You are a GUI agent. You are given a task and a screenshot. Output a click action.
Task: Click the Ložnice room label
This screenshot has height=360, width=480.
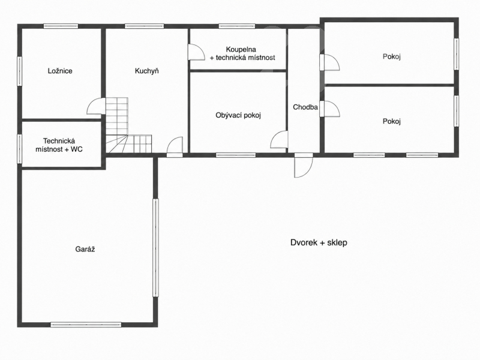(x=60, y=71)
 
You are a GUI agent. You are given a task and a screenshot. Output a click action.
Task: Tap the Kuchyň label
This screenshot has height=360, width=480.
(x=147, y=71)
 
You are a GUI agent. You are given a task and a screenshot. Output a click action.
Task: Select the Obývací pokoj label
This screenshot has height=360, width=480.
(x=238, y=115)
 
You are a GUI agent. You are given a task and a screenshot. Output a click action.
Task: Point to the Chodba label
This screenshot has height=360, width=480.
(x=305, y=107)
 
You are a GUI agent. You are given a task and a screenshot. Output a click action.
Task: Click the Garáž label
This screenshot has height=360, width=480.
(x=85, y=249)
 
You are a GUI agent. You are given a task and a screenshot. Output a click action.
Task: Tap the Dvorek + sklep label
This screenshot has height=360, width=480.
(x=319, y=243)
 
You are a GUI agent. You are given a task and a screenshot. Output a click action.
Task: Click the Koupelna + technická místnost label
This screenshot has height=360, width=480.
(x=242, y=53)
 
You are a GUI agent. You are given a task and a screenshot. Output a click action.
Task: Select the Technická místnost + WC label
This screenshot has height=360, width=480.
(x=59, y=145)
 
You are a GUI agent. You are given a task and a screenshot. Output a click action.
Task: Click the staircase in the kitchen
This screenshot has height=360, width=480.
(x=128, y=125)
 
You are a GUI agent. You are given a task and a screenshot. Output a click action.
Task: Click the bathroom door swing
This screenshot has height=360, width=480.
(x=196, y=52)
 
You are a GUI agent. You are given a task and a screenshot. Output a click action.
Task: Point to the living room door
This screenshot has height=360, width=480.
(x=279, y=140)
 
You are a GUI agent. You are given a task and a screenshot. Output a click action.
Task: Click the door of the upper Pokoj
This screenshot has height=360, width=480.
(x=329, y=62)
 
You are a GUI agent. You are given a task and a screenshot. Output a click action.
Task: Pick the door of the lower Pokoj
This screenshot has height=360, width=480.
(x=329, y=109)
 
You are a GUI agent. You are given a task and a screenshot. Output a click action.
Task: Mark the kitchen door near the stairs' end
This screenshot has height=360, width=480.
(x=175, y=147)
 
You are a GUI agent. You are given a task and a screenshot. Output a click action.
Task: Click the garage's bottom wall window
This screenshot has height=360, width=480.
(x=86, y=325)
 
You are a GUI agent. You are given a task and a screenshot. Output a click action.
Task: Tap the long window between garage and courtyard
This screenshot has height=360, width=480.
(x=155, y=248)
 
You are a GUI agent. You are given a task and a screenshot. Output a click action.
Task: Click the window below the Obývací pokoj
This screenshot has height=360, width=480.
(x=236, y=155)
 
